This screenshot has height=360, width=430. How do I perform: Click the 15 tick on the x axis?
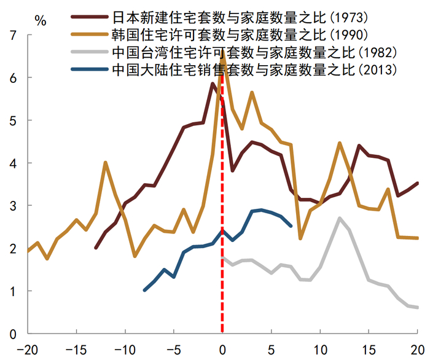[x=369, y=348]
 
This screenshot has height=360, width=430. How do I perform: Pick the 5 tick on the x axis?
[x=271, y=348]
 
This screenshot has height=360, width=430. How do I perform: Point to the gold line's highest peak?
[x=222, y=52]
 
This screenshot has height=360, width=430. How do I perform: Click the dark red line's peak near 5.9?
[x=213, y=84]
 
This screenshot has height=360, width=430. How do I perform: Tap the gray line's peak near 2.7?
[x=339, y=218]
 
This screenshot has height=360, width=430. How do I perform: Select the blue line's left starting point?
[x=144, y=290]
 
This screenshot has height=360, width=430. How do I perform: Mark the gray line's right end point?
[x=418, y=308]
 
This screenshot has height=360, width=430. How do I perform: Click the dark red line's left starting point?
[x=96, y=248]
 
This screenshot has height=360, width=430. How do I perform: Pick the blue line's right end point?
[x=291, y=226]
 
